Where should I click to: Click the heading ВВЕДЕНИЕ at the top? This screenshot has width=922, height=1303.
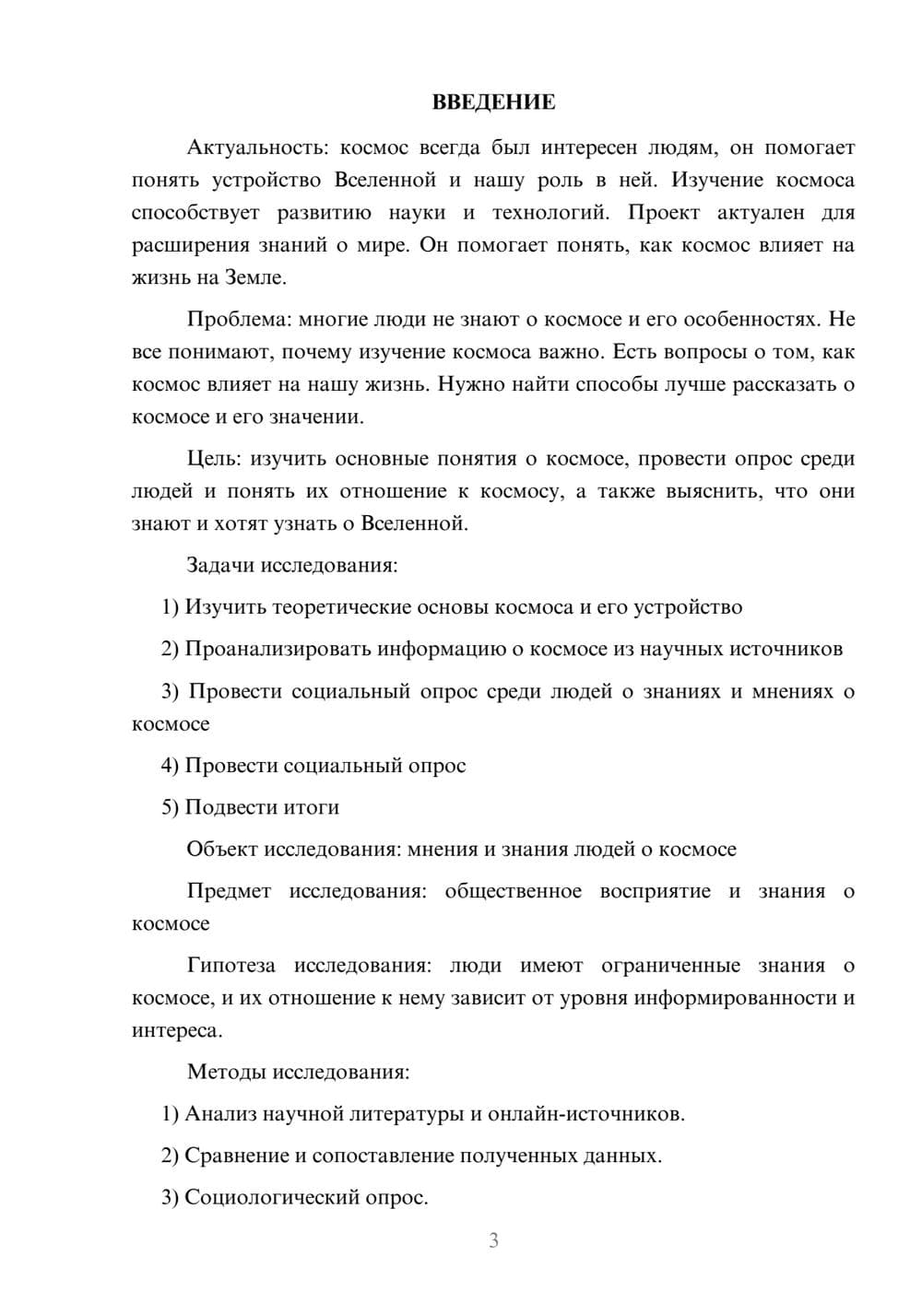tap(493, 102)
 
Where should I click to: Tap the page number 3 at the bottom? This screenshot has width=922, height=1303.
tap(493, 1240)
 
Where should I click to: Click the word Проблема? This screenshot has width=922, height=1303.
tap(234, 319)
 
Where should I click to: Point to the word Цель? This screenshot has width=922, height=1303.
tap(214, 458)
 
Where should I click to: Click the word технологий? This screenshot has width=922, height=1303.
tap(550, 213)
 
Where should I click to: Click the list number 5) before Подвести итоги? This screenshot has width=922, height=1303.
tap(170, 807)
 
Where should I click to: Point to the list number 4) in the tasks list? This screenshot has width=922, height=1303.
tap(170, 766)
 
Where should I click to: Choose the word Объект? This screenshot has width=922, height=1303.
tap(221, 849)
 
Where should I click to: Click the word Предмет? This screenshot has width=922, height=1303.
tap(229, 891)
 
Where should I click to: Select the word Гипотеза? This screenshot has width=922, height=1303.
tap(230, 966)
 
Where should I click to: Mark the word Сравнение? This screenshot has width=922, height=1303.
tap(236, 1156)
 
